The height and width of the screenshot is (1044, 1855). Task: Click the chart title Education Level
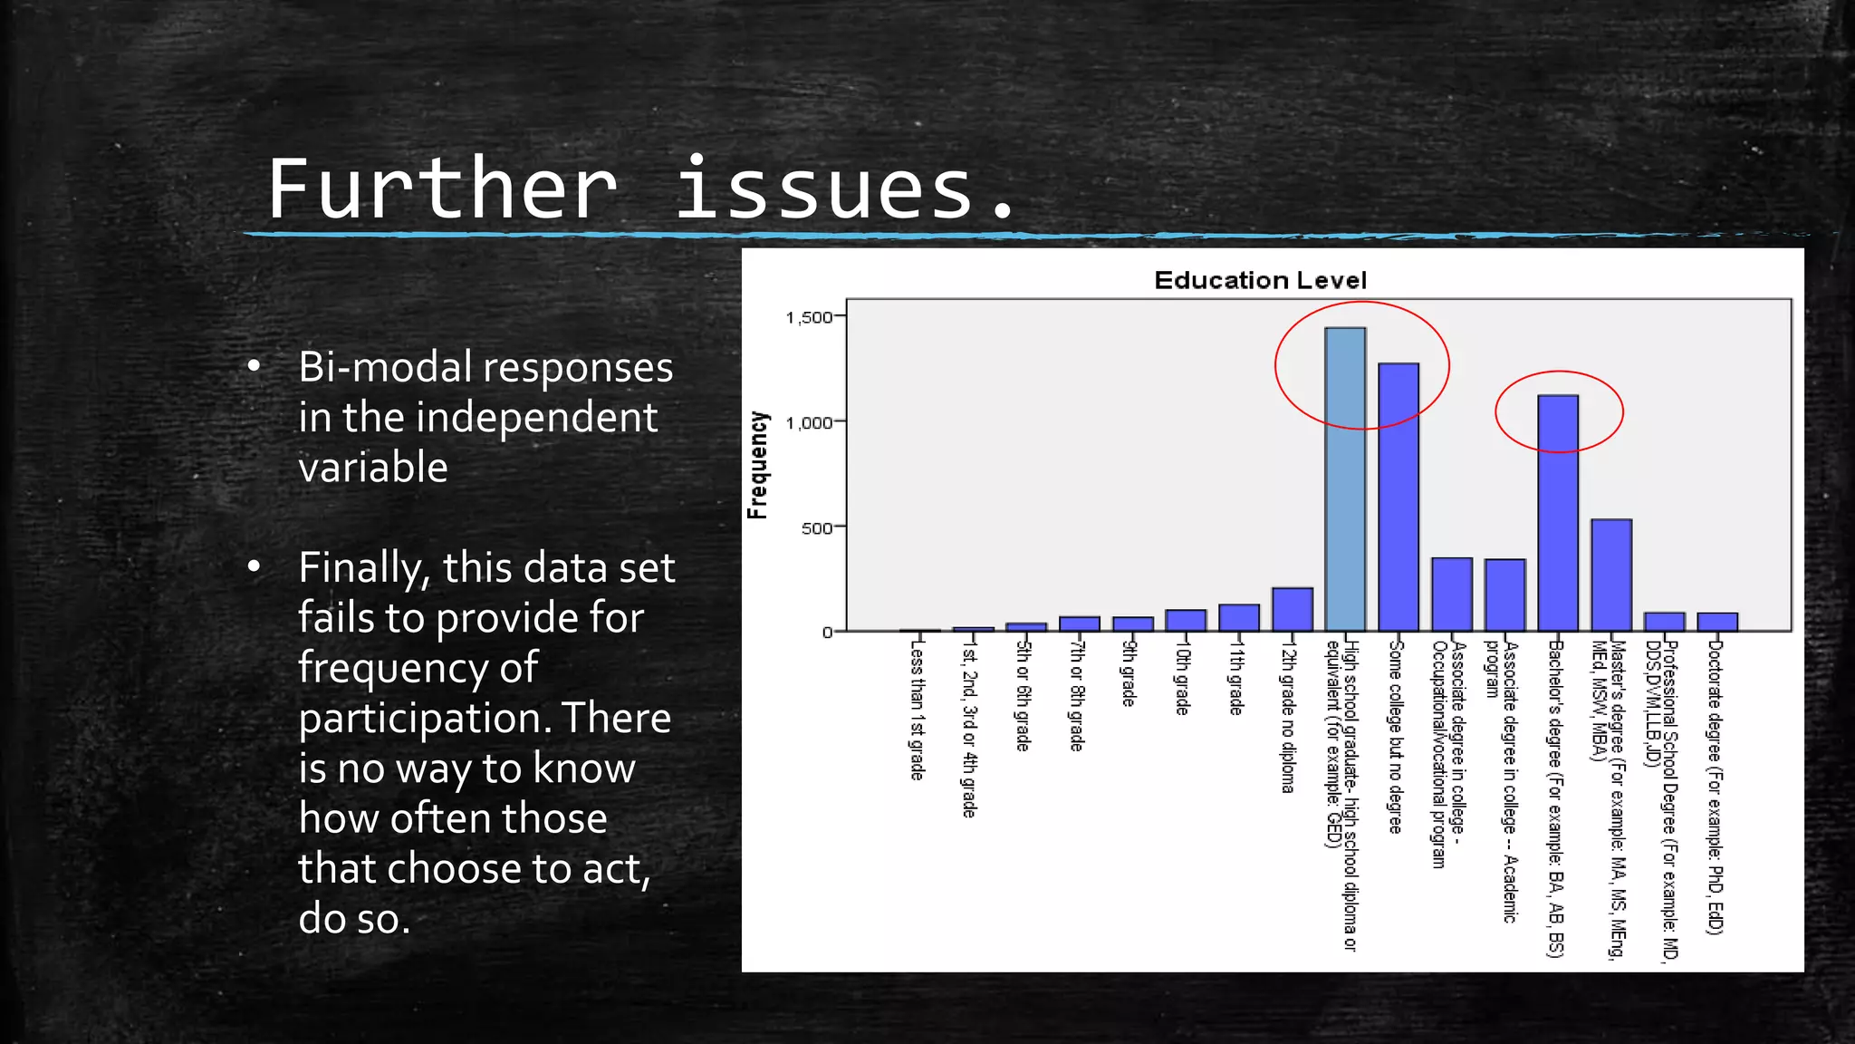click(x=1260, y=280)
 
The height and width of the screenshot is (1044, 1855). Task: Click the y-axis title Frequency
click(x=757, y=465)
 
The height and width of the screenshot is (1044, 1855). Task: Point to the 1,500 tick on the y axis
click(x=809, y=317)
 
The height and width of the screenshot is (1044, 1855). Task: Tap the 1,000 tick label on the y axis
click(x=809, y=422)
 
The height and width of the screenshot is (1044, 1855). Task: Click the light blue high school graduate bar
click(x=1345, y=480)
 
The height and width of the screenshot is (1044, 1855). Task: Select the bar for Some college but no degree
click(x=1398, y=498)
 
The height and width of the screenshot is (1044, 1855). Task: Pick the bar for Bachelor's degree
click(x=1558, y=514)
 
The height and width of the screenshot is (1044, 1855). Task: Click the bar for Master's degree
click(x=1611, y=575)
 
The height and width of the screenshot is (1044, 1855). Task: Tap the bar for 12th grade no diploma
click(x=1293, y=610)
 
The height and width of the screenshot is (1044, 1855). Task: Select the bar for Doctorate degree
click(x=1717, y=622)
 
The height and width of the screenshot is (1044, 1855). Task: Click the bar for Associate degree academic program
click(x=1504, y=595)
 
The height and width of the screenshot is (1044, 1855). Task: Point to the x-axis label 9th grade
click(x=1129, y=673)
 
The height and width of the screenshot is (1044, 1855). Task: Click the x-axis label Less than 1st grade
click(x=917, y=710)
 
